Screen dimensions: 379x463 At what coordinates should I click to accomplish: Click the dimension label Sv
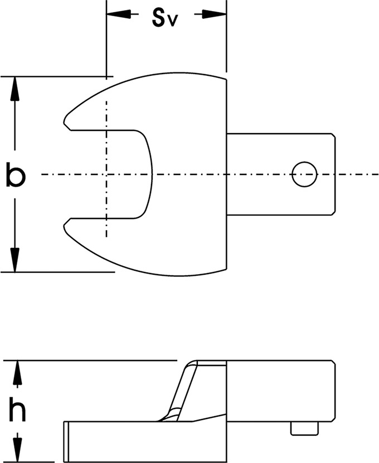tap(165, 18)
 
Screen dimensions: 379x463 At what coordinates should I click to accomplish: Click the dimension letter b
tap(16, 175)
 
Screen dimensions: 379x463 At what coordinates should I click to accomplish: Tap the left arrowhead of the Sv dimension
tap(119, 14)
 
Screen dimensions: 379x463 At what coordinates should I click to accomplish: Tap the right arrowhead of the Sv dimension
tap(214, 14)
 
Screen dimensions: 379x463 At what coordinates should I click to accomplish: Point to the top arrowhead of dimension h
tap(17, 373)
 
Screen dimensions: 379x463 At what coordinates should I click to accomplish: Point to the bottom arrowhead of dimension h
tap(17, 450)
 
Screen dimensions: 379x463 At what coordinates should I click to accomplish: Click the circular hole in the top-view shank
tap(304, 174)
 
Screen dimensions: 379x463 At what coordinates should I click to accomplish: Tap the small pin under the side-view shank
tap(304, 429)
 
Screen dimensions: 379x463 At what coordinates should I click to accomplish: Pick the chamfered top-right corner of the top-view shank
tap(333, 136)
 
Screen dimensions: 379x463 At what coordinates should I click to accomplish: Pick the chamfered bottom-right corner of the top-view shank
tap(333, 213)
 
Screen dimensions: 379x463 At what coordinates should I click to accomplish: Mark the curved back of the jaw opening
tap(152, 174)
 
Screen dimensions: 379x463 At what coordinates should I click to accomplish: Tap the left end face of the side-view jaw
tap(66, 442)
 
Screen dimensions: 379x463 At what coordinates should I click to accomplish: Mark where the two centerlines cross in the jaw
tap(106, 174)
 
